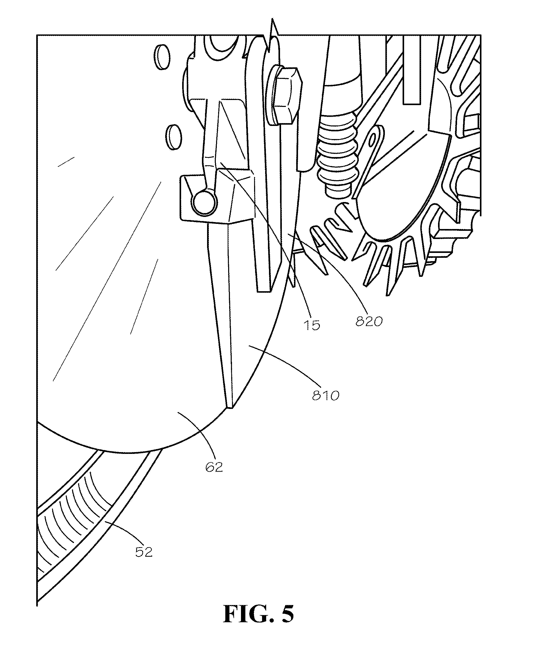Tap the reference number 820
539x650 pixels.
[369, 322]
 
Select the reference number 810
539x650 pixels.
[326, 396]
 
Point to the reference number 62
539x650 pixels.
[214, 467]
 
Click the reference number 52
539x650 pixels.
[144, 552]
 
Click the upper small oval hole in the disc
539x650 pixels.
[162, 56]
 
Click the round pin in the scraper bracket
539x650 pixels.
[204, 202]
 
